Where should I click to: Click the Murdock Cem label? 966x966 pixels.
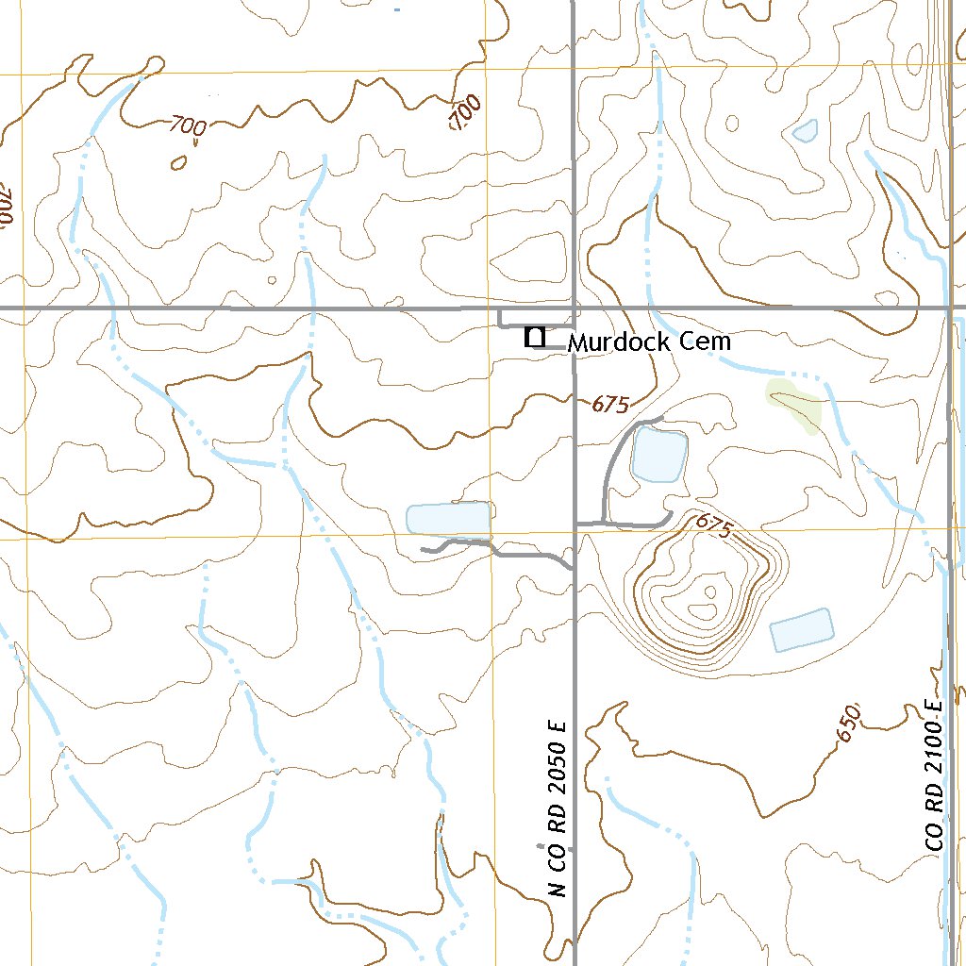pos(649,341)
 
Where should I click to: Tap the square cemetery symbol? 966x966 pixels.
pos(535,337)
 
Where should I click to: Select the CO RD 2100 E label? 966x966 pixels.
pos(935,775)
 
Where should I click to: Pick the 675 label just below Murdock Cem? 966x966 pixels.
pos(610,405)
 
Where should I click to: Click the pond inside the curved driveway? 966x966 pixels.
pos(658,454)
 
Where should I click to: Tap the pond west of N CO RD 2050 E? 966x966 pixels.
pos(449,520)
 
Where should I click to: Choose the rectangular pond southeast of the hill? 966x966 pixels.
pos(802,630)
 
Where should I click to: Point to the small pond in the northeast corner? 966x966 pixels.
pos(805,131)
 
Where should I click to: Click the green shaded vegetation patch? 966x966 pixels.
pos(795,404)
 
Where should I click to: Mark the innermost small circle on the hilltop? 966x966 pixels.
pos(709,592)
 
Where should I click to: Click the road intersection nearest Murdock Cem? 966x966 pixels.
pos(574,308)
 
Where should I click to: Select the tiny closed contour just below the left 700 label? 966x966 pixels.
pos(177,162)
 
